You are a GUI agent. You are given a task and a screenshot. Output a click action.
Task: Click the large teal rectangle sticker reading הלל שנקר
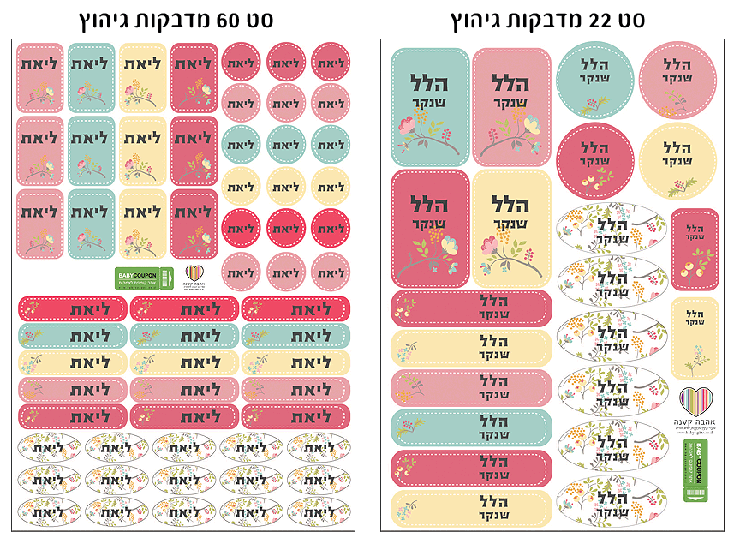click(429, 106)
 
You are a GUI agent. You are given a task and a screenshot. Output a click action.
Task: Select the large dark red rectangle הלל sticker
click(429, 228)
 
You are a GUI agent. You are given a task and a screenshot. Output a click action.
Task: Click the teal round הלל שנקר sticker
click(594, 80)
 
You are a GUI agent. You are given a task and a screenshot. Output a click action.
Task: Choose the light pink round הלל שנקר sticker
click(677, 80)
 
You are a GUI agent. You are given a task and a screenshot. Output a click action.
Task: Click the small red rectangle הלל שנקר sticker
click(695, 249)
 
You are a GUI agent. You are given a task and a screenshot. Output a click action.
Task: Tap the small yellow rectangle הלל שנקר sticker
click(695, 338)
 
